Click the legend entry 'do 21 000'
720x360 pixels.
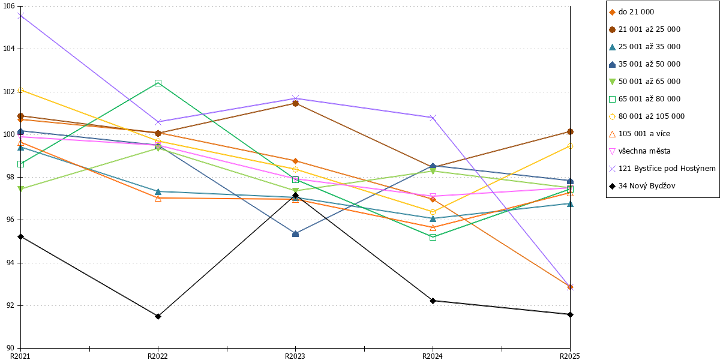[631, 12]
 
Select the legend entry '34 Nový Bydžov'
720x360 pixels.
[642, 186]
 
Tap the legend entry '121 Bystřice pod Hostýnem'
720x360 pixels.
[662, 169]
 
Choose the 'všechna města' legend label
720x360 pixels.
[640, 151]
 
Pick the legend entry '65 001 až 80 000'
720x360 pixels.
[644, 98]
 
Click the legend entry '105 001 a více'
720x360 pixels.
[640, 134]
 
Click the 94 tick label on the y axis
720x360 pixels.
[10, 263]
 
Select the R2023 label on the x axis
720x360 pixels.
[295, 356]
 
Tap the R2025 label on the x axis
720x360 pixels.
[569, 356]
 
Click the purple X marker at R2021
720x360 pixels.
[20, 16]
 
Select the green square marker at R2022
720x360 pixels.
[158, 83]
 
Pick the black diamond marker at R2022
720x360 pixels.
[158, 317]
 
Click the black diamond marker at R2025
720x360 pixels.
[570, 314]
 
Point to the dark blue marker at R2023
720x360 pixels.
[295, 233]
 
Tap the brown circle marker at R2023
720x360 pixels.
[295, 103]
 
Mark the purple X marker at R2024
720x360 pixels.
[433, 118]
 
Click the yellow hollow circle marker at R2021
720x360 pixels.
[20, 91]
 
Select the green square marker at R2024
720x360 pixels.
[433, 237]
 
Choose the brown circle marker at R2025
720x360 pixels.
[570, 132]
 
